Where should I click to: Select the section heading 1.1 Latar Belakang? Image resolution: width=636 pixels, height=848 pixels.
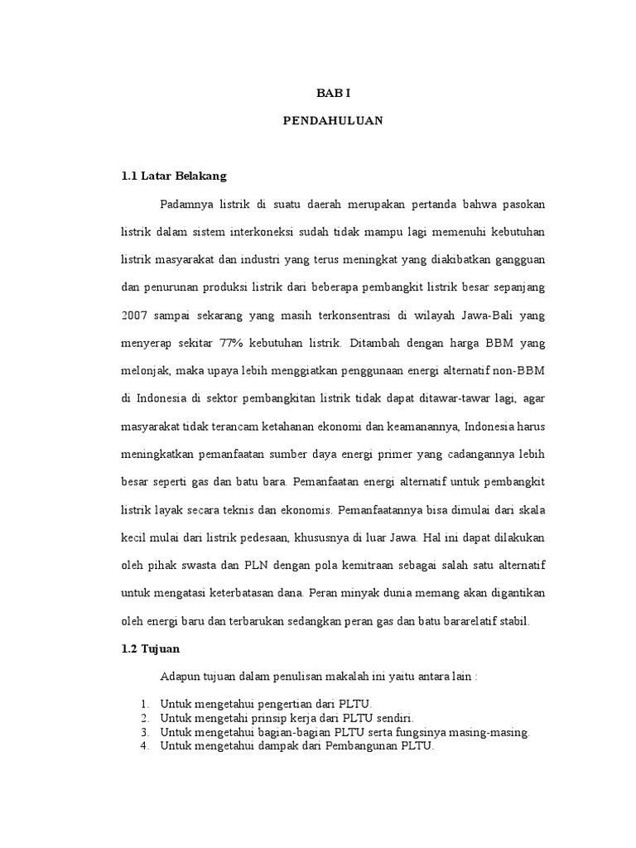pyautogui.click(x=174, y=176)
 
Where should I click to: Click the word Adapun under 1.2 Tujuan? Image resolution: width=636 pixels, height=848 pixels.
pyautogui.click(x=182, y=676)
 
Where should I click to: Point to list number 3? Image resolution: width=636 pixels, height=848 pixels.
pyautogui.click(x=143, y=733)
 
